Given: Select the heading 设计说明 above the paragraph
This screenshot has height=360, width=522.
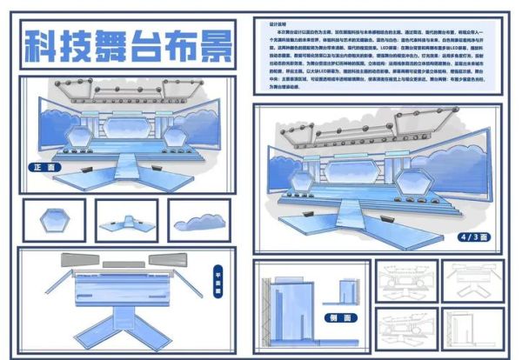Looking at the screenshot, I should (x=278, y=25).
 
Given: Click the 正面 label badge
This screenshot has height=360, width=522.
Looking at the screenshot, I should (x=40, y=166).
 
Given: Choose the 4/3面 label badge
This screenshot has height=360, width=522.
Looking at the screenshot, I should (x=475, y=236).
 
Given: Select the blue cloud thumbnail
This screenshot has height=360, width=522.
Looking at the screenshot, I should (x=199, y=221).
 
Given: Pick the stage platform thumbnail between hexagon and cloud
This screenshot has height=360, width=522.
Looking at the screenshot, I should (x=125, y=222).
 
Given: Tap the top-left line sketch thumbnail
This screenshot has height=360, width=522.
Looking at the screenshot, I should (x=405, y=279).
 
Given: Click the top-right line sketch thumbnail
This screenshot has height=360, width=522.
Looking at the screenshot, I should (x=471, y=279).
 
